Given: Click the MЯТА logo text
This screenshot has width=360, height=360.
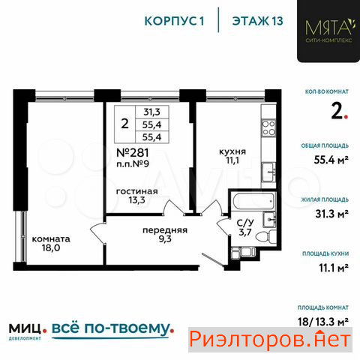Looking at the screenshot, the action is pyautogui.click(x=329, y=28).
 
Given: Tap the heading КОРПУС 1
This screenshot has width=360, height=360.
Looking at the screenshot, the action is pyautogui.click(x=175, y=21).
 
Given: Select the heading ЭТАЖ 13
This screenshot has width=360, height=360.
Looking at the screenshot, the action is pyautogui.click(x=258, y=21).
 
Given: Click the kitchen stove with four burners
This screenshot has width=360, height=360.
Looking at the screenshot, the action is pyautogui.click(x=268, y=127).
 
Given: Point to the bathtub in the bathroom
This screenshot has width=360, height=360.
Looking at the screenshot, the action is pyautogui.click(x=253, y=201).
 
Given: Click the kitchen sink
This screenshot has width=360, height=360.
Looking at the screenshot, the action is pyautogui.click(x=268, y=172).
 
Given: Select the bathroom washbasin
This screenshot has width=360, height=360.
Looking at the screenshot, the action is pyautogui.click(x=269, y=219).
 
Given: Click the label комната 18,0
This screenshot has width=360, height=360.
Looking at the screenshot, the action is pyautogui.click(x=51, y=244).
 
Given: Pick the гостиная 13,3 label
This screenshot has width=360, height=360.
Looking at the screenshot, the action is pyautogui.click(x=137, y=196).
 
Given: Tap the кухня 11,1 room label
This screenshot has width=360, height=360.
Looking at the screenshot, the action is pyautogui.click(x=232, y=156).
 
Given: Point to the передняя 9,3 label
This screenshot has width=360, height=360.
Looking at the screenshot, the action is pyautogui.click(x=165, y=235).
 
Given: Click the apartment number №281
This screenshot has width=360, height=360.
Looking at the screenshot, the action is pyautogui.click(x=133, y=152).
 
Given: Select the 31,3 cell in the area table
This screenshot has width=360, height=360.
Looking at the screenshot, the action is pyautogui.click(x=152, y=112).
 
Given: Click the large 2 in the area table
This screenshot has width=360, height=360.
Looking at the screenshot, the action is pyautogui.click(x=124, y=124).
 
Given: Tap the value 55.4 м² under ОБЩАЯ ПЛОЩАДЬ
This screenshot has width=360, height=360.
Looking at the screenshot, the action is pyautogui.click(x=331, y=160).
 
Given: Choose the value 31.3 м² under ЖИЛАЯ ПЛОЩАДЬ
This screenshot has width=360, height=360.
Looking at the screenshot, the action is pyautogui.click(x=331, y=214).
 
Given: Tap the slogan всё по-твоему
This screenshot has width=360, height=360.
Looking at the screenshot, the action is pyautogui.click(x=112, y=328).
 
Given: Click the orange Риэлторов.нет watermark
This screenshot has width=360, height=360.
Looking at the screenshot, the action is pyautogui.click(x=270, y=340).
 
